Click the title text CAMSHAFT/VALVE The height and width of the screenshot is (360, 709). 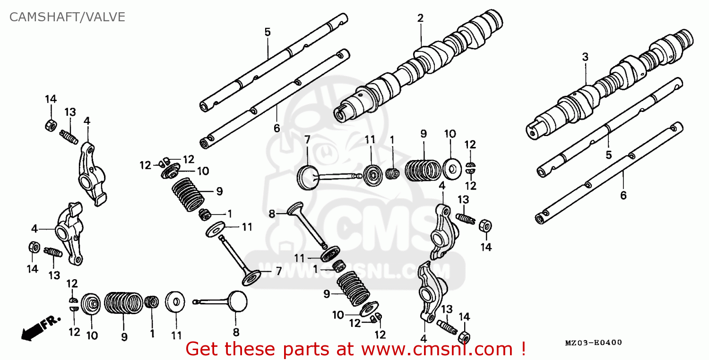coord(67,17)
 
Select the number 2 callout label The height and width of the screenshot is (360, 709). coord(420,18)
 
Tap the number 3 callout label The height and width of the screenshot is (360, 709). coord(585,57)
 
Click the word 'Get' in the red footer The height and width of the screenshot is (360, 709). coord(202,349)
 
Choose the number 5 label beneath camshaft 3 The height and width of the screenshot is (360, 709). coord(609,154)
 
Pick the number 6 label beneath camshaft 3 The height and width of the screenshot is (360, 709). coord(623,195)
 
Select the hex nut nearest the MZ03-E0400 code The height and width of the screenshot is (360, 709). coord(464,336)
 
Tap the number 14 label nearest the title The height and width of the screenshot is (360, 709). coord(51,99)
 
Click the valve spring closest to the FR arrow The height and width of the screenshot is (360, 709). coord(123,303)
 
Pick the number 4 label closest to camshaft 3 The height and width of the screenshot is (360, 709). coord(441,186)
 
